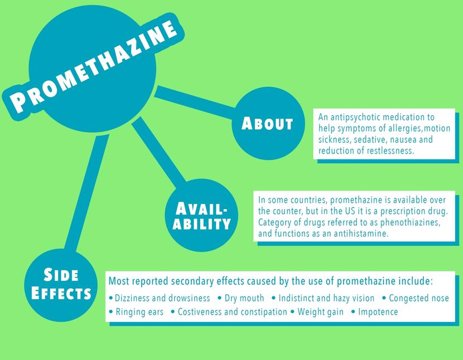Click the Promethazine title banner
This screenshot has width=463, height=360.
pos(93,66)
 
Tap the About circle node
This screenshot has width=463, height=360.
pos(268,123)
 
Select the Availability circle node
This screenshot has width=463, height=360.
pos(201,216)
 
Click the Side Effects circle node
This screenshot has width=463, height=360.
pos(61,285)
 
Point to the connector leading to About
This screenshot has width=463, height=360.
pos(195,103)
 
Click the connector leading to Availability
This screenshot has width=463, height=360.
pos(158,153)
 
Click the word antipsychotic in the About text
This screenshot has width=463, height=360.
pos(355,117)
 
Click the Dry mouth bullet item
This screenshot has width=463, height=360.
pos(241,298)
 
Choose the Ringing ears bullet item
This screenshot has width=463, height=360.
pos(136,312)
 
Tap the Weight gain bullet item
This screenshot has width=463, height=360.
pos(317,312)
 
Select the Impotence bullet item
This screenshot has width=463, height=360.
pos(374,312)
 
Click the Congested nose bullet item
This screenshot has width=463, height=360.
pos(416,298)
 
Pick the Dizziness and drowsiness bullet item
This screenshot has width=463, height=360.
pos(160,298)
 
